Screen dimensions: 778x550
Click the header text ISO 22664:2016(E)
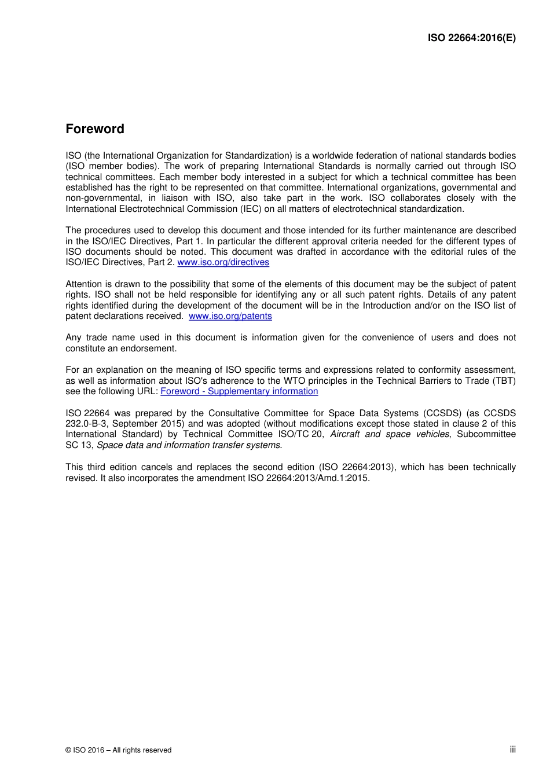coord(471,38)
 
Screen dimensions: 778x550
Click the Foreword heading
coord(95,129)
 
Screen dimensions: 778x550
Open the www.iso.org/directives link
coord(223,262)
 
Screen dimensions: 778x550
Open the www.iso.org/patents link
coord(230,316)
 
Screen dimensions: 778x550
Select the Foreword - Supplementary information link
coord(239,391)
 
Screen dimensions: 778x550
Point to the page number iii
coord(512,750)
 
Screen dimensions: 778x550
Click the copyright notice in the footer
coord(119,750)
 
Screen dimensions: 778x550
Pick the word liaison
coord(174,198)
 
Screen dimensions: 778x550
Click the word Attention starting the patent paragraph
coord(84,284)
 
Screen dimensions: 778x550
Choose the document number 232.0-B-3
coord(86,424)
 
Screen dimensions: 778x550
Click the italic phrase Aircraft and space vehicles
coord(389,434)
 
